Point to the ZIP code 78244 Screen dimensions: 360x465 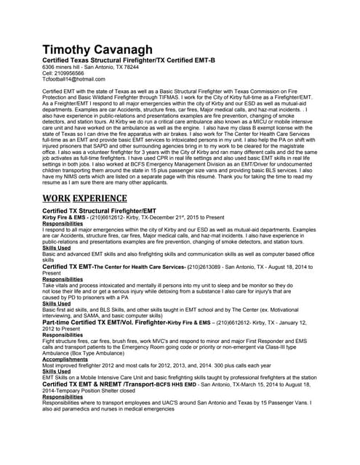point(130,67)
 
